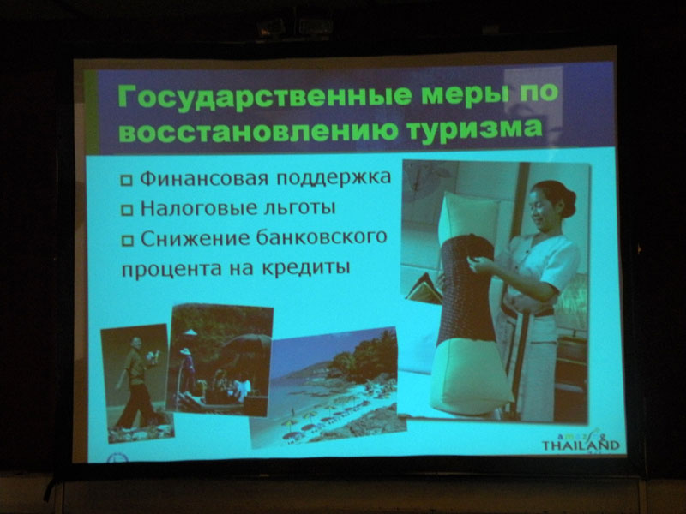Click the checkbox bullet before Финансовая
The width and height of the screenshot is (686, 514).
click(126, 180)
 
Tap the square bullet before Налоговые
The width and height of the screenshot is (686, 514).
click(127, 210)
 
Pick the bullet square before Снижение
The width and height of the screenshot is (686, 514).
click(127, 241)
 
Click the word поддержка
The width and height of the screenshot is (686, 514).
click(334, 178)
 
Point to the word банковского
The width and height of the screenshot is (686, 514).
click(322, 237)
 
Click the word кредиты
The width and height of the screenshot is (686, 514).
click(306, 267)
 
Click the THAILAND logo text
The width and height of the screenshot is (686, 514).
click(581, 445)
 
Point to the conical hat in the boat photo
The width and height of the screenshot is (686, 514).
click(190, 332)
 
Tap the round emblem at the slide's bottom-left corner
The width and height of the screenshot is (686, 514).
click(117, 458)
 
